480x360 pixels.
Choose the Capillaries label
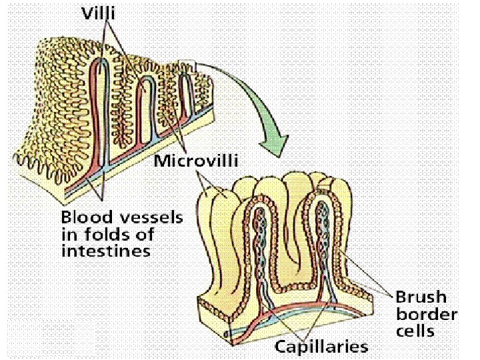pos(321,347)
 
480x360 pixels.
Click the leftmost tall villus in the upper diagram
pos(102,107)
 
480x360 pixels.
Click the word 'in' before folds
pos(69,234)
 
